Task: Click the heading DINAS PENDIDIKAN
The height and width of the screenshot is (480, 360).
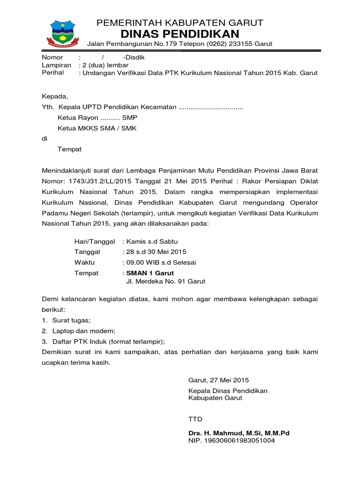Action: [x=180, y=34]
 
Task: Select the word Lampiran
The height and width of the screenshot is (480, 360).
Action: [x=56, y=65]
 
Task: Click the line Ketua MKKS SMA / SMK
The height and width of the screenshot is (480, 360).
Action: [x=97, y=128]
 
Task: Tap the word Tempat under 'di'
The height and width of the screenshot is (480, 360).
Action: [x=69, y=149]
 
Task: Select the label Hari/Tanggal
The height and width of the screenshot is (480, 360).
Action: [x=94, y=241]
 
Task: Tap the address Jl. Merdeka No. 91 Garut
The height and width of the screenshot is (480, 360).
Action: [x=166, y=282]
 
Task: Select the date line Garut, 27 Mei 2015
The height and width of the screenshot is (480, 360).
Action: [x=219, y=380]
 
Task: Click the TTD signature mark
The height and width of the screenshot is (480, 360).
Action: [x=195, y=419]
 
